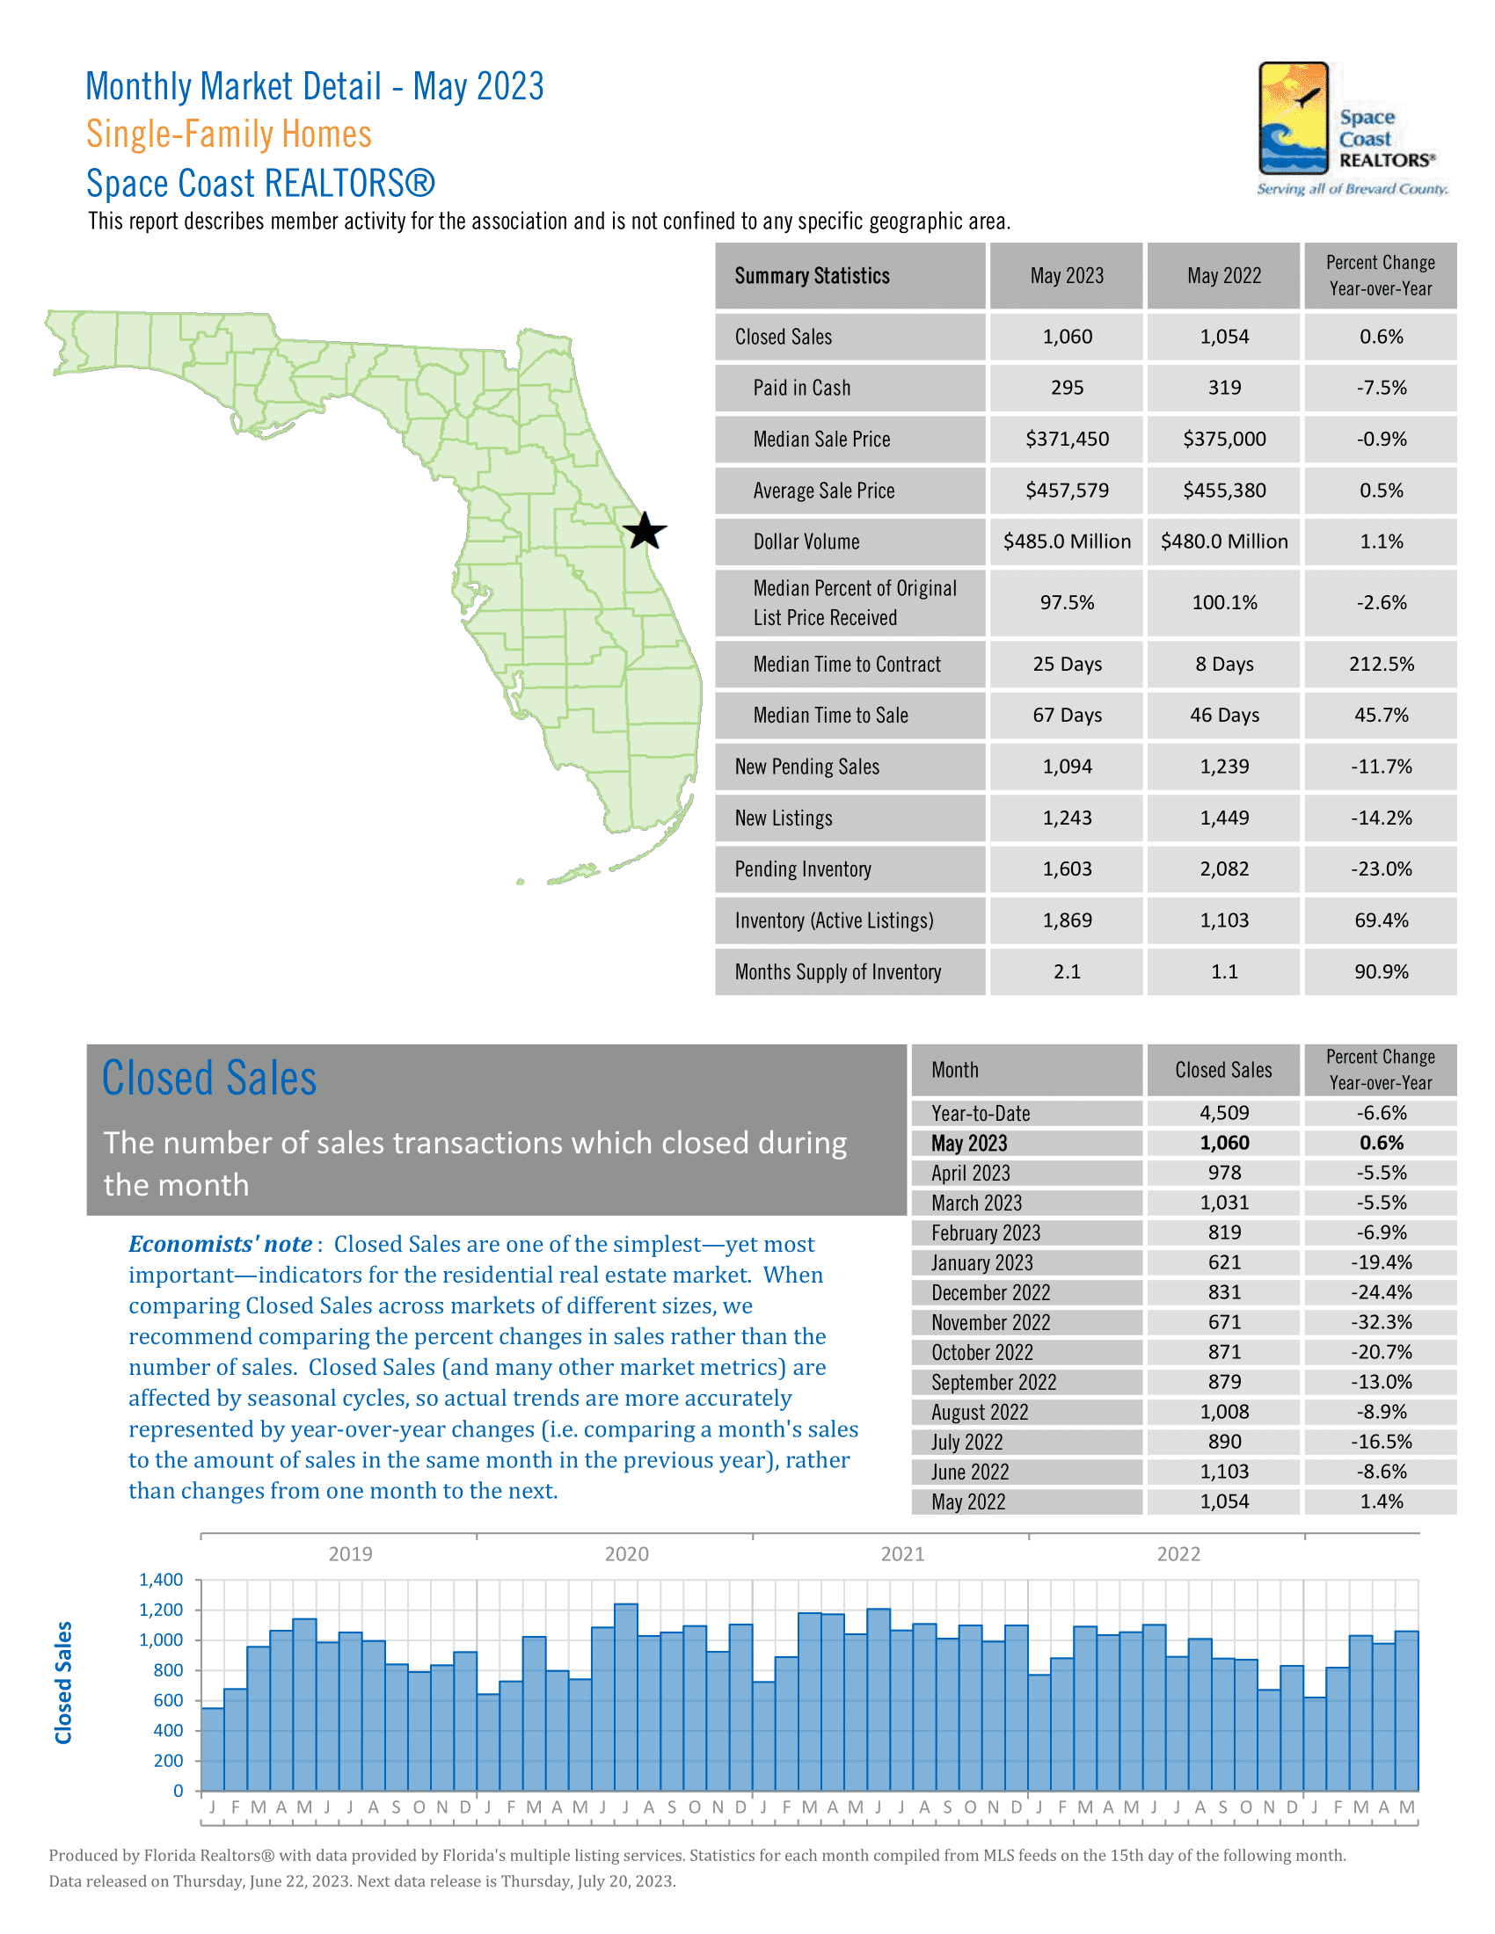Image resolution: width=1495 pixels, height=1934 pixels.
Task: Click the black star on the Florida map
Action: (644, 531)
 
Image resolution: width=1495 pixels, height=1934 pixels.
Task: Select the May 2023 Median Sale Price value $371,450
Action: (1067, 440)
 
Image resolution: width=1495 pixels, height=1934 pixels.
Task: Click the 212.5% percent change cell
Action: (1380, 664)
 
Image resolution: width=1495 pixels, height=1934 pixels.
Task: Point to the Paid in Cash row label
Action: (801, 388)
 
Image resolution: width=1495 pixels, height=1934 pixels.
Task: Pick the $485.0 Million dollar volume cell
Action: (1067, 542)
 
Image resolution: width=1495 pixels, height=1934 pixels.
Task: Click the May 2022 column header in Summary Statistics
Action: (1223, 276)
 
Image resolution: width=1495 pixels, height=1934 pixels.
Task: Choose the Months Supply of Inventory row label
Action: (837, 972)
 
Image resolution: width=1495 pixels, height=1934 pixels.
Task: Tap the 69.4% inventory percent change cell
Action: (1380, 921)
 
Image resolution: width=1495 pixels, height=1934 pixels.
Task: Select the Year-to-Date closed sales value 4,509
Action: (1224, 1113)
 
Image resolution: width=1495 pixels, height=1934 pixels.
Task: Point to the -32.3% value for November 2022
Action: (1380, 1322)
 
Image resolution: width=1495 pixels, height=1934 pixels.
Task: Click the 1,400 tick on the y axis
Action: (161, 1580)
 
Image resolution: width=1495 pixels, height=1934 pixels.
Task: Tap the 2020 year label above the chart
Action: (626, 1554)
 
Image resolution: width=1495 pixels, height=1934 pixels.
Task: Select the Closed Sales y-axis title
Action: (64, 1683)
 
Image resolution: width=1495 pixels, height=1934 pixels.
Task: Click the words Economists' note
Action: (221, 1244)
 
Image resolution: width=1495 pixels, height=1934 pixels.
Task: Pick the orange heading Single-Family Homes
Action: (229, 135)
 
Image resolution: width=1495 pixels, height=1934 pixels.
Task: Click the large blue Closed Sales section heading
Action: (209, 1079)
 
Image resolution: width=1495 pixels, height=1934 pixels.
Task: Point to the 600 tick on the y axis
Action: (168, 1700)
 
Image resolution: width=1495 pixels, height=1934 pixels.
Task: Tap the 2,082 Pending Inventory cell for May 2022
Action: (1224, 869)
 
